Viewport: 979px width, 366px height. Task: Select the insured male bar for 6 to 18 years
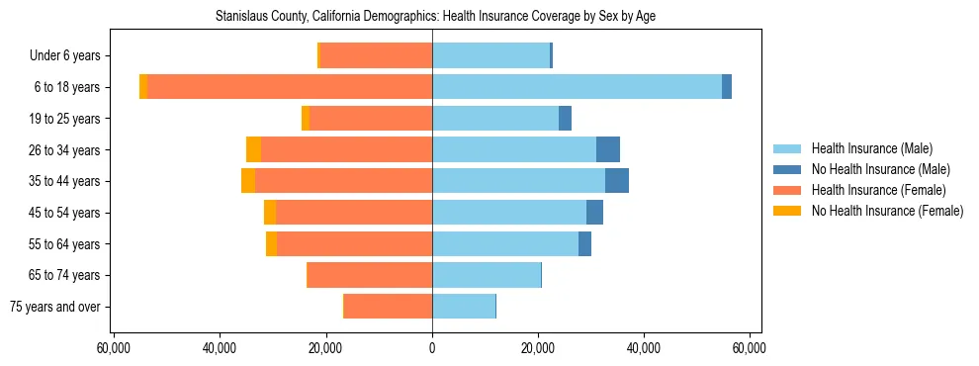tap(577, 87)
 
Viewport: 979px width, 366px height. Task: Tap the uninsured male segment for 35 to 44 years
tap(617, 181)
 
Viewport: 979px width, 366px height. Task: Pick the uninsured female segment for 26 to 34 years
tap(253, 149)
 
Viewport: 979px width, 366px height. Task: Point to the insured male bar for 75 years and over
tap(464, 307)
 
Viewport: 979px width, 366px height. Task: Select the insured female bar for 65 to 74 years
tap(370, 275)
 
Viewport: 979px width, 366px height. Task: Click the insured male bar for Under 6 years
tap(490, 55)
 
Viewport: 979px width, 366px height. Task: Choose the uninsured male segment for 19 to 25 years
tap(565, 119)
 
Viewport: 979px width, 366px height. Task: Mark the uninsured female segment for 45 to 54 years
tap(270, 213)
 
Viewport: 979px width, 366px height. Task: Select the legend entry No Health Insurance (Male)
tap(880, 169)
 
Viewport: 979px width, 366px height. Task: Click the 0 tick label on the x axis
tap(432, 348)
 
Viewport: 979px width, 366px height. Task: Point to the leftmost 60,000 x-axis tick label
tap(115, 348)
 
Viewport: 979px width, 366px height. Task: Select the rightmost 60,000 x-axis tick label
tap(750, 348)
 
